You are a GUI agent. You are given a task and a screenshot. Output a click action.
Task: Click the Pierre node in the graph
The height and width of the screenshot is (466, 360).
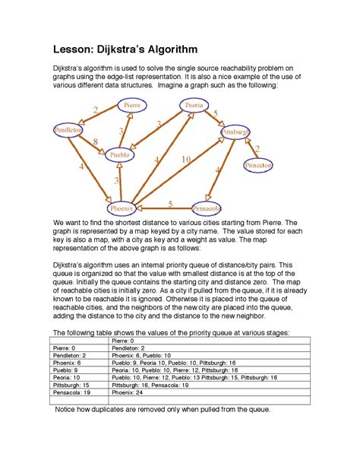pos(132,104)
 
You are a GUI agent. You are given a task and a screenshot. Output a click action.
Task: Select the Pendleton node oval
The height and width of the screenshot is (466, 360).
pos(68,131)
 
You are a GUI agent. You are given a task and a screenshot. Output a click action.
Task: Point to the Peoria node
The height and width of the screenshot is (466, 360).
pos(194,104)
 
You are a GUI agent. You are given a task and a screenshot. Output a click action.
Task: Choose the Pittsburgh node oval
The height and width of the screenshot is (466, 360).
pos(235,132)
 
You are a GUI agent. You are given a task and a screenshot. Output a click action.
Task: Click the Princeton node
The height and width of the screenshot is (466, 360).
pos(259,164)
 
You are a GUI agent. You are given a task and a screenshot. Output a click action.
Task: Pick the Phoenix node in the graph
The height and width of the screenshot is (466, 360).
pos(122,208)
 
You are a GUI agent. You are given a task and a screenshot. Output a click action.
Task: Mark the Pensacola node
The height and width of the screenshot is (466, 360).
pos(206,208)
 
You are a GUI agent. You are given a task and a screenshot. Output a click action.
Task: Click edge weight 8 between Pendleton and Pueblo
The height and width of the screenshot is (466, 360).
pos(95,141)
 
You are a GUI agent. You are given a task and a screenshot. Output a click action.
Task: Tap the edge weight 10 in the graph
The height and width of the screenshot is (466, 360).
pos(185,160)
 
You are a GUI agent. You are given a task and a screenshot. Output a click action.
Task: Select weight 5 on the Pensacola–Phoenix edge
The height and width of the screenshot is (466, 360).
pos(170,202)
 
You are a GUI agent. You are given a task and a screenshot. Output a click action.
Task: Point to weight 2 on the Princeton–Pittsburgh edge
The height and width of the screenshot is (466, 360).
pos(257,149)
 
